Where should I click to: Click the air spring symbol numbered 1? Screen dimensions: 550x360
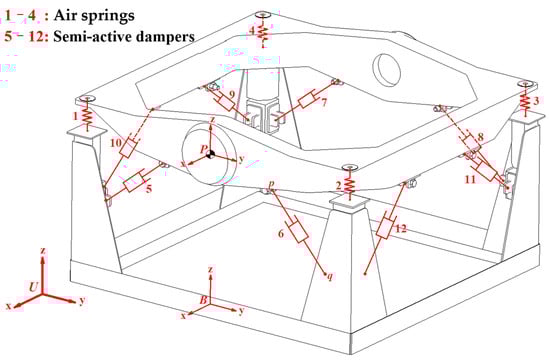tap(87, 117)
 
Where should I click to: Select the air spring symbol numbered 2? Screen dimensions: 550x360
tap(349, 184)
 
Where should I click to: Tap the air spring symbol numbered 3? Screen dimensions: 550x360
tap(525, 101)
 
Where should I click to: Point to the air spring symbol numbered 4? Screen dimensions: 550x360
tap(263, 32)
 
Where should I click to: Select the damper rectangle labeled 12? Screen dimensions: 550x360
tap(386, 228)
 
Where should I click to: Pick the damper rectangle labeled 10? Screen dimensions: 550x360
tap(128, 147)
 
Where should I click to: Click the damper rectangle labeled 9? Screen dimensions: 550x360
tap(226, 102)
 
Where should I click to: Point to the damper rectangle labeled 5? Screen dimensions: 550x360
tap(133, 182)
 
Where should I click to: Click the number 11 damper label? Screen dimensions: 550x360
tap(470, 179)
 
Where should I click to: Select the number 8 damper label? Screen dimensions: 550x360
tap(481, 137)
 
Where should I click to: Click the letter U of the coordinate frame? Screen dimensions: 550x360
tap(33, 287)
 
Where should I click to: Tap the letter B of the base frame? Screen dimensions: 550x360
tap(204, 300)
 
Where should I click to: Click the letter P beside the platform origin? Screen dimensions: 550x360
tap(204, 149)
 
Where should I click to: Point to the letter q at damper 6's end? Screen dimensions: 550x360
tap(329, 277)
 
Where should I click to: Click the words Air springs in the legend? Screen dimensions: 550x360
tap(94, 16)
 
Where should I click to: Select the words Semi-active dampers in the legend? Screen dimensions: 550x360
tap(124, 36)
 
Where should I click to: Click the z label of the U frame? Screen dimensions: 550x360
tap(43, 251)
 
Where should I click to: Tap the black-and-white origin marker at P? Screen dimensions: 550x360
tap(210, 154)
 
